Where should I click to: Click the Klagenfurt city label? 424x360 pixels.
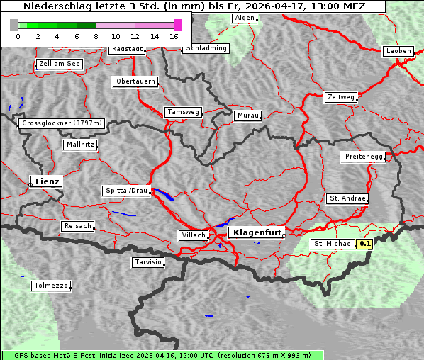[x=258, y=232]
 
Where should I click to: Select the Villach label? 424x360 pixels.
[x=193, y=235]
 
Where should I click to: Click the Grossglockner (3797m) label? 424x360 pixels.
[x=62, y=123]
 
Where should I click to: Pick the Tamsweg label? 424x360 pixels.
[x=184, y=112]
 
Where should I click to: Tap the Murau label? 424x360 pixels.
[x=248, y=115]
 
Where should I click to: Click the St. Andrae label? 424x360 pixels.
[x=347, y=198]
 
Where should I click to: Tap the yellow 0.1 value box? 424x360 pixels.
[x=365, y=244]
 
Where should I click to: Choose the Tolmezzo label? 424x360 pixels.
[x=51, y=286]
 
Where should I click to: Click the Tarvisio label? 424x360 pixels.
[x=148, y=262]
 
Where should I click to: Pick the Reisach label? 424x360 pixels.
[x=78, y=226]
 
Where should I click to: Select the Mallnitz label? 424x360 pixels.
[x=80, y=145]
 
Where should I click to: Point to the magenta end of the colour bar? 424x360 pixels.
[x=177, y=25]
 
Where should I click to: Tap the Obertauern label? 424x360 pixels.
[x=135, y=81]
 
